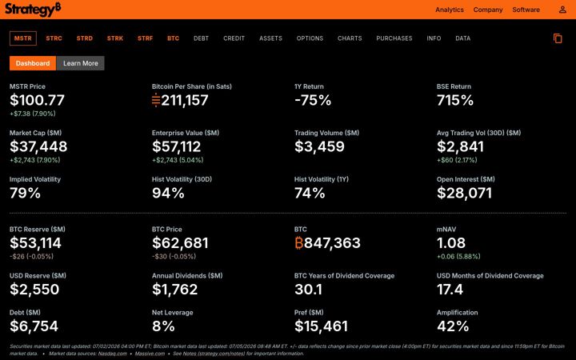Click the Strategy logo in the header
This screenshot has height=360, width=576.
pos(33,9)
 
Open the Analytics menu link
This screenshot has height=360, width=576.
pos(450,10)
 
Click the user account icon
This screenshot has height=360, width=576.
pos(562,10)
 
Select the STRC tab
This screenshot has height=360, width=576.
pos(54,38)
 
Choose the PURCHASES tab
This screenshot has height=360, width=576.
pos(394,38)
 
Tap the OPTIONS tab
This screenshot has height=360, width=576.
pos(310,38)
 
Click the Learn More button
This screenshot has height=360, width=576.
pos(81,63)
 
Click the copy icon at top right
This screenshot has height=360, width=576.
pos(558,38)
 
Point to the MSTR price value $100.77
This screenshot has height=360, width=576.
pos(37,100)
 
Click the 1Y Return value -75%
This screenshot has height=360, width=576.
pos(313,100)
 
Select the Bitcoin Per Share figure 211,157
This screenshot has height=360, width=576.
pos(185,100)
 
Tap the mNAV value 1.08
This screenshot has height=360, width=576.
pos(451,243)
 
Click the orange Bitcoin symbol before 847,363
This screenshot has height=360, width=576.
pos(298,243)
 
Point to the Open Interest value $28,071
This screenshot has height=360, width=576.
pos(464,193)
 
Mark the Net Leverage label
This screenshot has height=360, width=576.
pos(172,313)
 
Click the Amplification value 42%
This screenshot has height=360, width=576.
pos(453,326)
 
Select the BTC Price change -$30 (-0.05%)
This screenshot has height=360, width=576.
pos(174,257)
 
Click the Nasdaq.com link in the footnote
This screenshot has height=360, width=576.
pos(113,354)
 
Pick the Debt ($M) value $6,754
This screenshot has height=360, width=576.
pos(34,326)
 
